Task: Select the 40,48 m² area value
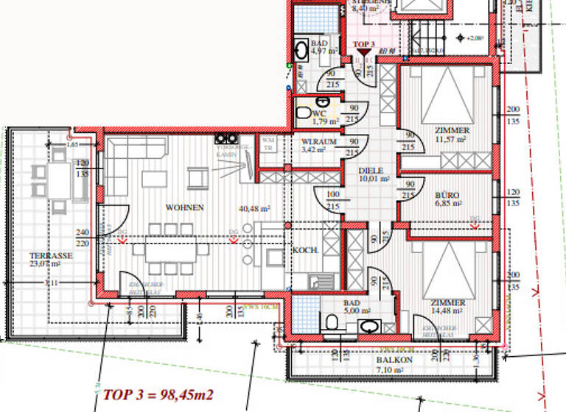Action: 255,208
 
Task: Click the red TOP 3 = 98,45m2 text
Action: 159,395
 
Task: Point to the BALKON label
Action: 390,361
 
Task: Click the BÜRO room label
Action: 447,196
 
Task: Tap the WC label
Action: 318,113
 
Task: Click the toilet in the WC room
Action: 303,113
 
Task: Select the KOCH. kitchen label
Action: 304,250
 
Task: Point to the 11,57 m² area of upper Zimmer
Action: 452,139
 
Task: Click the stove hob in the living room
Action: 225,138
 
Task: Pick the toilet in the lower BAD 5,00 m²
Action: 332,322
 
